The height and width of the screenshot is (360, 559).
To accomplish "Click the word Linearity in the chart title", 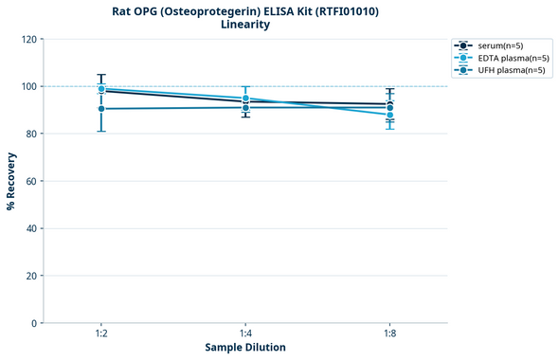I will point(244,25).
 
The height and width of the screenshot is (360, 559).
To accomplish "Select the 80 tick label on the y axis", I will point(31,134).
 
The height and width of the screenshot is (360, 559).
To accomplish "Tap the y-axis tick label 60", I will point(31,181).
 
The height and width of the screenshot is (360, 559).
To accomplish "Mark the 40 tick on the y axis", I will point(31,228).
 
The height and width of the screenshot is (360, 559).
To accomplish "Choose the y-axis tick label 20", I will point(31,276).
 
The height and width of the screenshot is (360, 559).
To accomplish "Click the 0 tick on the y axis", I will point(34,323).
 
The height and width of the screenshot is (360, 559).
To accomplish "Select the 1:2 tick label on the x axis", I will point(100,334).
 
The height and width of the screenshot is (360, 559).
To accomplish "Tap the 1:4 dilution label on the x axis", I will point(245,334).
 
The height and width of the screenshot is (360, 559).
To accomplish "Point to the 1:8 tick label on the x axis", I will point(389,334).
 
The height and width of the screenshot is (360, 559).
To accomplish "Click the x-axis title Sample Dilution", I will point(245,348).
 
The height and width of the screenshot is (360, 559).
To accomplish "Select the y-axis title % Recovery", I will point(11,181).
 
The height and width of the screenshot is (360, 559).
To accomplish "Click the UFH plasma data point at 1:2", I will point(101,109).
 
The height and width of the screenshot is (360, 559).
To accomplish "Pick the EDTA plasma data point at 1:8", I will point(389,115).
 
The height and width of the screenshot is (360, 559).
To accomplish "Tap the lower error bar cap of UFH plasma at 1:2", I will point(101,131).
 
